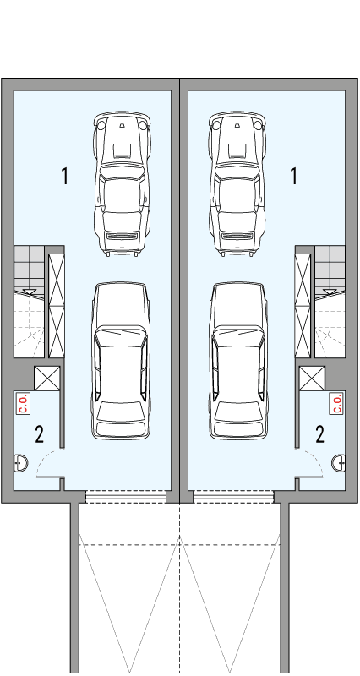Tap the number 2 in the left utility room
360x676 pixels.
39,434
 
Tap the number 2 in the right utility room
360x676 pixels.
319,434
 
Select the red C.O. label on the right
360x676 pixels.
335,403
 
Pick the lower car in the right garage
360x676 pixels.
237,361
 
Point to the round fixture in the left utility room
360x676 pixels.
20,462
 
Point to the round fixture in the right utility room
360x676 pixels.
339,462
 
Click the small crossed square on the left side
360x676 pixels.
46,379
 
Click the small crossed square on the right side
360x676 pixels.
313,379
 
